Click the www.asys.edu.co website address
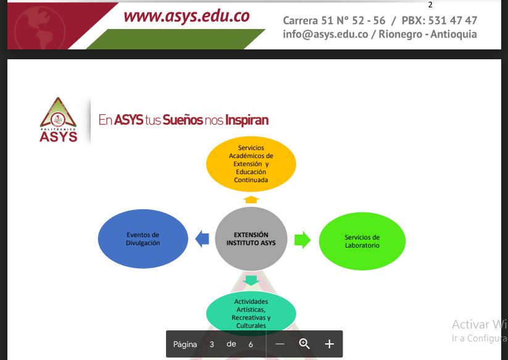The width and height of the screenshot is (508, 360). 186,16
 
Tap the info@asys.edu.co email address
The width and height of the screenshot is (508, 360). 325,34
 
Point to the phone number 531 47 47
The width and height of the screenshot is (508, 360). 452,20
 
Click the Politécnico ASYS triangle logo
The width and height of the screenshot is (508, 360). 58,120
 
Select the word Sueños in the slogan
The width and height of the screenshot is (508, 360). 183,120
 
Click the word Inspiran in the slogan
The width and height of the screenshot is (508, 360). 247,120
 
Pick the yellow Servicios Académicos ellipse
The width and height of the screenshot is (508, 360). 251,164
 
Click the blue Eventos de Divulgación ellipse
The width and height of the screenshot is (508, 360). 143,239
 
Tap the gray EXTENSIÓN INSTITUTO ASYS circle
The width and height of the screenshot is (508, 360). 251,239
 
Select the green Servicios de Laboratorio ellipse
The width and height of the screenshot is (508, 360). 362,241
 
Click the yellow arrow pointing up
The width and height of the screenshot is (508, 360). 251,199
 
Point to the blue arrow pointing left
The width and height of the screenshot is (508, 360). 202,239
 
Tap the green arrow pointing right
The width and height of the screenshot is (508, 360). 302,240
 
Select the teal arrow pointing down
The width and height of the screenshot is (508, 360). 251,280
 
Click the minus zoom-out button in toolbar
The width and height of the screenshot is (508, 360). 280,344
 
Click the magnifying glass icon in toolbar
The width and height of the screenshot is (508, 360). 304,344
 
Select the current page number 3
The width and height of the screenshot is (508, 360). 212,345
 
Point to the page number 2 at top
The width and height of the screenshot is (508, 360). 430,5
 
